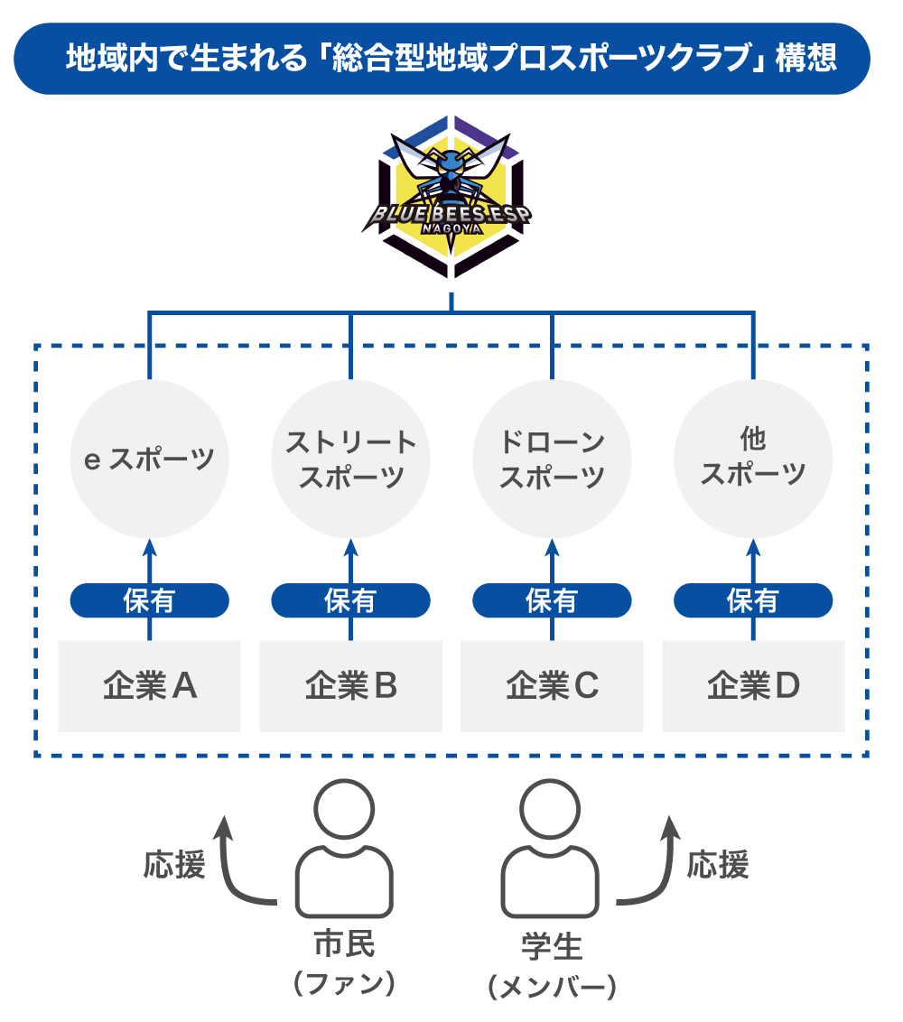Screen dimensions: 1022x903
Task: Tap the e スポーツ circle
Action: pyautogui.click(x=150, y=459)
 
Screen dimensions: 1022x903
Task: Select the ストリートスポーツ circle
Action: pyautogui.click(x=350, y=459)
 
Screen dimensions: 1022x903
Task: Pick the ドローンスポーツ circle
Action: pyautogui.click(x=552, y=459)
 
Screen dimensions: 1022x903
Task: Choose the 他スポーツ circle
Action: pyautogui.click(x=753, y=459)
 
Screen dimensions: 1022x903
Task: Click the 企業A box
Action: pyautogui.click(x=150, y=686)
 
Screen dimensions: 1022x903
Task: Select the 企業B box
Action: pyautogui.click(x=350, y=686)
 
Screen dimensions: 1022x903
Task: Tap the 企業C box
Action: pyautogui.click(x=552, y=686)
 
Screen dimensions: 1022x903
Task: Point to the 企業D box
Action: pyautogui.click(x=753, y=686)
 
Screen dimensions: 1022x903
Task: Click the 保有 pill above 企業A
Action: pyautogui.click(x=150, y=599)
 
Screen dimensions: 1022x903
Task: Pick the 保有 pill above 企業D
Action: pyautogui.click(x=753, y=599)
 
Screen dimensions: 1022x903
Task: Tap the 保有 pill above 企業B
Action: pyautogui.click(x=350, y=599)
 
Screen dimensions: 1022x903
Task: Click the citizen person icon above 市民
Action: pyautogui.click(x=344, y=849)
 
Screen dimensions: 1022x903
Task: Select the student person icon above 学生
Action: pyautogui.click(x=550, y=849)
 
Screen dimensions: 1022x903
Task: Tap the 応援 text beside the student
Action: pyautogui.click(x=718, y=865)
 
